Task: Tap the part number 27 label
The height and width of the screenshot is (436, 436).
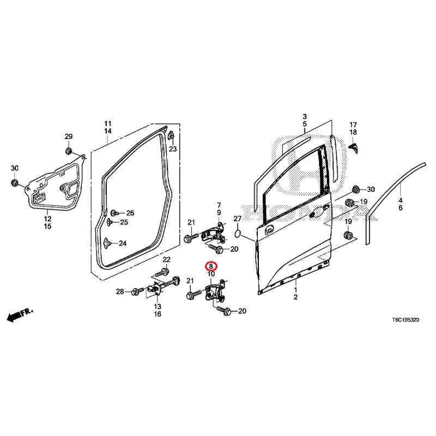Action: click(237, 219)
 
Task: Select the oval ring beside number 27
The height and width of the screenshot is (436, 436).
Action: click(238, 234)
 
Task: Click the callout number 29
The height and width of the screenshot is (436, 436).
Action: click(69, 136)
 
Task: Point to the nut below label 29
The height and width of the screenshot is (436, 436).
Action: click(69, 150)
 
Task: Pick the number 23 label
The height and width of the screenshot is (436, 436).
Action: click(173, 149)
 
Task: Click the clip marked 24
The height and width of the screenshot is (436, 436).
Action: click(106, 243)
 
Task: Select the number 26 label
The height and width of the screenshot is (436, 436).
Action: click(130, 213)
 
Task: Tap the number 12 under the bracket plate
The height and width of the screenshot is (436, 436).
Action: click(47, 219)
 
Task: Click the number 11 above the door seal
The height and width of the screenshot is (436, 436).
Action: click(108, 123)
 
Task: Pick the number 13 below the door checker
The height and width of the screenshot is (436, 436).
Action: click(157, 307)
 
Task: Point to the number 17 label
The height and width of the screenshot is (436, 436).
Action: click(353, 124)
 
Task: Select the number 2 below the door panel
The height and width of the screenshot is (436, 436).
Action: click(295, 298)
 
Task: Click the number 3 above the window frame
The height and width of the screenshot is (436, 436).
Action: click(305, 117)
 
